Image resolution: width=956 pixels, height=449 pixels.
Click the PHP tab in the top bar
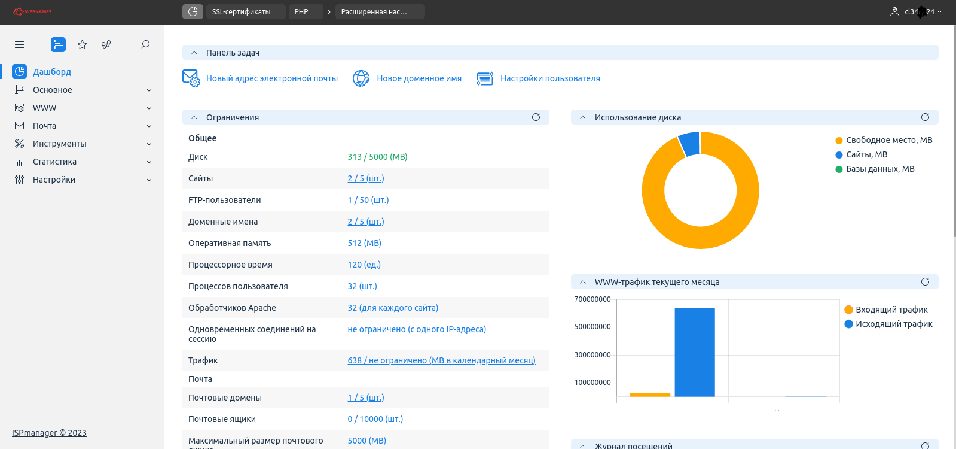[x=302, y=12]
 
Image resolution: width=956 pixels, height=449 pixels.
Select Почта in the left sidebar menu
[x=45, y=126]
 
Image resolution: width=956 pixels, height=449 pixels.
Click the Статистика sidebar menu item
[x=54, y=162]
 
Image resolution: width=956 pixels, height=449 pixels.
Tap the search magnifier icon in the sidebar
[x=145, y=44]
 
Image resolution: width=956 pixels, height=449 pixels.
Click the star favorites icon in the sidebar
[x=83, y=44]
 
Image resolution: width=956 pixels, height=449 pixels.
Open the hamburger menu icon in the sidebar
[x=20, y=44]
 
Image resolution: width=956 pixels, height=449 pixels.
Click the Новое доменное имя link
[x=419, y=78]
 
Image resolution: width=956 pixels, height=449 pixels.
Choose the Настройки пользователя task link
[x=550, y=78]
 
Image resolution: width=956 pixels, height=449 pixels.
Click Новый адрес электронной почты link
[x=272, y=78]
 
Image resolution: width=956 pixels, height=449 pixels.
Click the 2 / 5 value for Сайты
[x=366, y=178]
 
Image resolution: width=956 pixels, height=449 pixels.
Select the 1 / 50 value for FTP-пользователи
[x=368, y=200]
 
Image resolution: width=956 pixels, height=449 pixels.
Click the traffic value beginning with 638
[x=441, y=360]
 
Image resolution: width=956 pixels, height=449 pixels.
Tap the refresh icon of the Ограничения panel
[x=536, y=117]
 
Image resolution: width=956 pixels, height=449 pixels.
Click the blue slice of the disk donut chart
[x=689, y=144]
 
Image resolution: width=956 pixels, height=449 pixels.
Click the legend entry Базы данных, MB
[x=879, y=169]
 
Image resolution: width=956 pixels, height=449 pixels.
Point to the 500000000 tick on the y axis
[x=592, y=327]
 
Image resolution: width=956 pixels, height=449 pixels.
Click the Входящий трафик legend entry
[x=891, y=310]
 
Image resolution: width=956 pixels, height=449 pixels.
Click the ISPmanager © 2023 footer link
[x=49, y=433]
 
